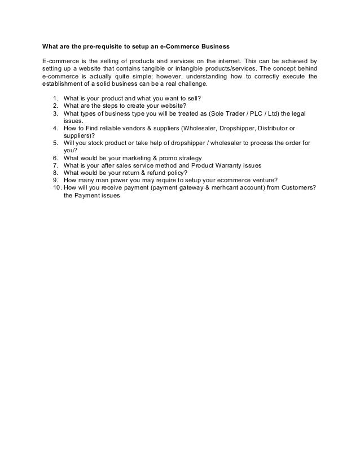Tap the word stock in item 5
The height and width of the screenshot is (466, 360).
tap(100, 143)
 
